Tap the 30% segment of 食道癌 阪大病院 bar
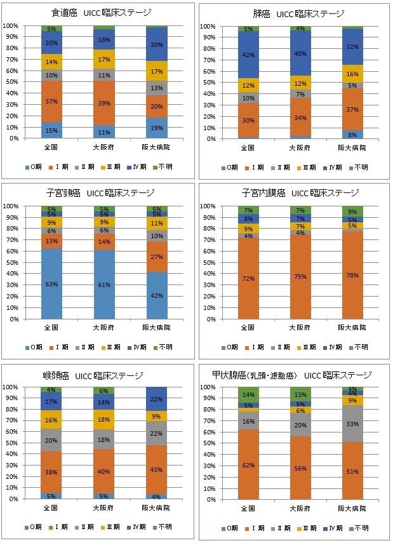tap(156, 44)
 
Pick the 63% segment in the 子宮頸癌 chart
tap(51, 284)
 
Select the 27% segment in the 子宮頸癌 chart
tap(156, 257)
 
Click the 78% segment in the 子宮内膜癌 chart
tap(352, 275)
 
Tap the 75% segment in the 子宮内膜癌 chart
tap(300, 276)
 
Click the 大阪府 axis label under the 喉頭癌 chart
tap(103, 509)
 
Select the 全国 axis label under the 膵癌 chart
tap(248, 148)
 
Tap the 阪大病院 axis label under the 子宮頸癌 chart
tap(156, 328)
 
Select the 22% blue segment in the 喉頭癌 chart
tap(156, 399)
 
